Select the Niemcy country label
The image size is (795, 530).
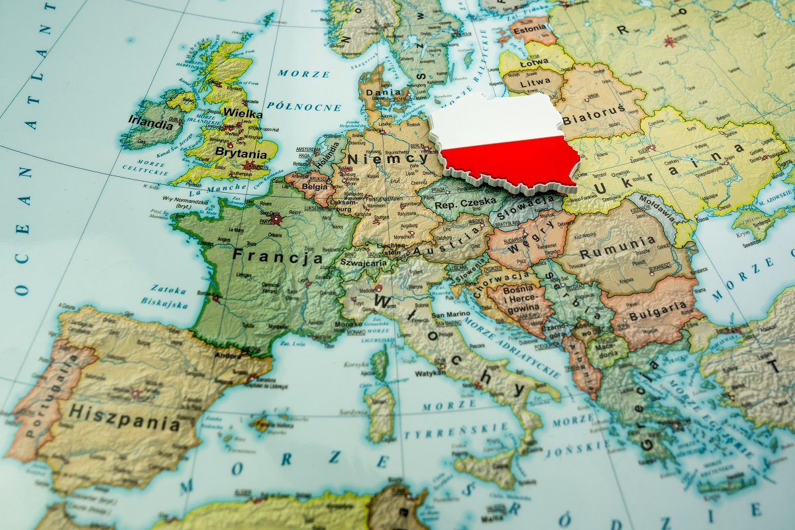point(388,159)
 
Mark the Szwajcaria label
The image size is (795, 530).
point(364,262)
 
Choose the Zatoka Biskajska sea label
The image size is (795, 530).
point(166,295)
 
